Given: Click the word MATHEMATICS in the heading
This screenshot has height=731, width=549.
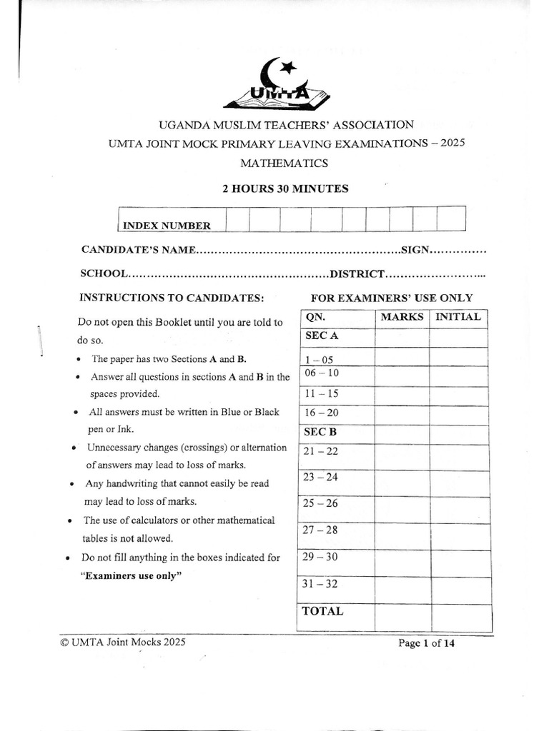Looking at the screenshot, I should [x=284, y=163].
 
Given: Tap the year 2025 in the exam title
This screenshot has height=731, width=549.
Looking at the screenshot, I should [x=452, y=143].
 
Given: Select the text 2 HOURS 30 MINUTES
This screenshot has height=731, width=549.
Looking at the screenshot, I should [x=285, y=189].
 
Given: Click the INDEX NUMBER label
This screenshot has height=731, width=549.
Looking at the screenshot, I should [x=167, y=226].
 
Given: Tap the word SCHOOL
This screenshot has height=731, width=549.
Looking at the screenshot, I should [x=104, y=273].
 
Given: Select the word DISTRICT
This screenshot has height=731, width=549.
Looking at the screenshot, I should [x=357, y=273].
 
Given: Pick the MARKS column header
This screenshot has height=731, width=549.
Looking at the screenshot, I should [x=402, y=317].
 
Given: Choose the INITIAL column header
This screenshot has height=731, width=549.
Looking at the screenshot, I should [x=458, y=317].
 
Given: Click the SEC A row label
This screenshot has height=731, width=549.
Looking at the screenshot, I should [x=321, y=336].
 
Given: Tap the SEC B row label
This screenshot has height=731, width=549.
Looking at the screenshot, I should [x=321, y=432].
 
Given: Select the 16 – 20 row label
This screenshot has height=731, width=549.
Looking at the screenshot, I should [x=321, y=413].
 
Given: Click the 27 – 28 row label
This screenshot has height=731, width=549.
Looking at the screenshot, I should [x=321, y=530].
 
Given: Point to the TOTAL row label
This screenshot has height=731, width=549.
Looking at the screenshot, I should [x=322, y=611].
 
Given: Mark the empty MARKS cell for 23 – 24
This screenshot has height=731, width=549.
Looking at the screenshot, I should [x=401, y=484].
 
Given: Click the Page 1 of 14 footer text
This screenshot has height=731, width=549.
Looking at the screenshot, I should [x=426, y=643].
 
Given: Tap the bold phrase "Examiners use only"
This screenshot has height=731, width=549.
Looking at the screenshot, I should [x=128, y=575].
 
